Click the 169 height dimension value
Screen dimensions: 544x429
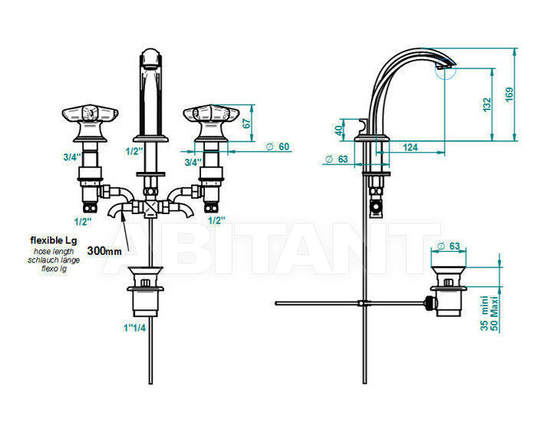[509, 94]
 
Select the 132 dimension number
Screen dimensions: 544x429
[487, 105]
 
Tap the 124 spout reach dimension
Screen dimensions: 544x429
[410, 147]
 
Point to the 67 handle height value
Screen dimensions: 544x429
[246, 124]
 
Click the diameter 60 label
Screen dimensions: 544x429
[278, 147]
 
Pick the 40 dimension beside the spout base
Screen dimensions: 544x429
[338, 130]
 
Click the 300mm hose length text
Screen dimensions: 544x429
[104, 251]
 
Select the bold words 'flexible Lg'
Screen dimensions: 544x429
[54, 240]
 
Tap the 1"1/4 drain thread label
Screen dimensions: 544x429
[135, 328]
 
